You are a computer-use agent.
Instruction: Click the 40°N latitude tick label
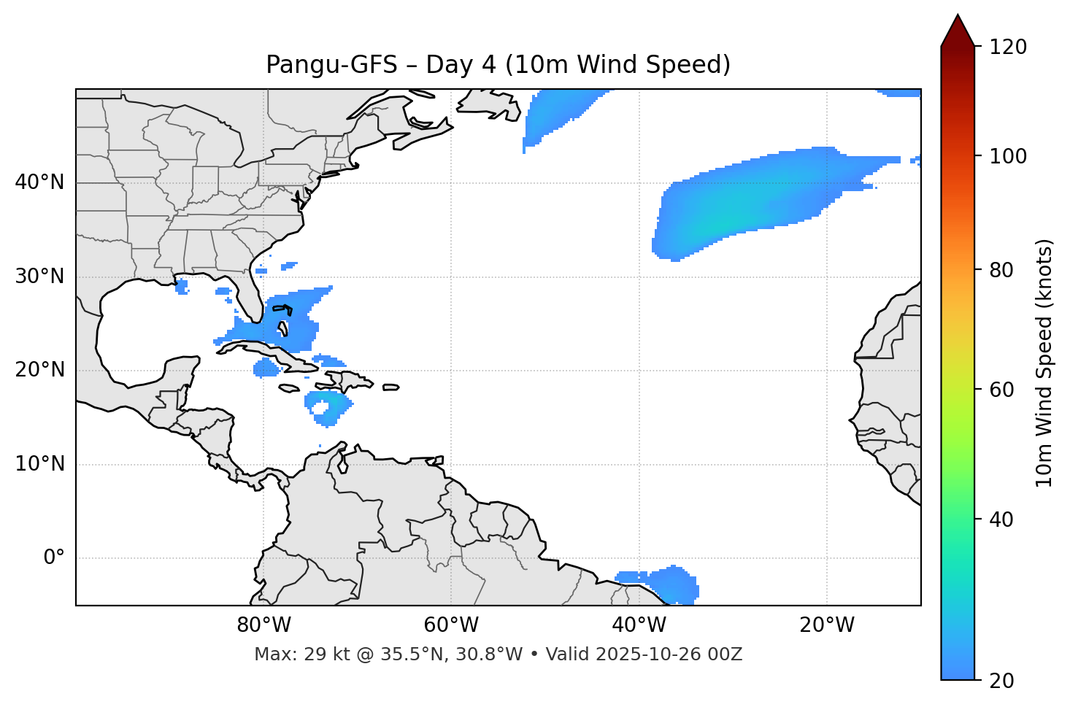pos(39,182)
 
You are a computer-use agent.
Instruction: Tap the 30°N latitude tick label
pos(39,277)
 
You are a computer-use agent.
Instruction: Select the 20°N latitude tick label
pos(39,370)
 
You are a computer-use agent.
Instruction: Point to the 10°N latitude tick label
pos(39,464)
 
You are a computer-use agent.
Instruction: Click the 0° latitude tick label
pos(54,558)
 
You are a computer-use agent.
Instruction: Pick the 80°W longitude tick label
pos(263,625)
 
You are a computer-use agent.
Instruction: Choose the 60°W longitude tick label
pos(451,625)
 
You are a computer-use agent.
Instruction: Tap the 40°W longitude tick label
pos(639,625)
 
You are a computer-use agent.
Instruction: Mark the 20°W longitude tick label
pos(826,625)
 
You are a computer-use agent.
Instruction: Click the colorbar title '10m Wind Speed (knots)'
pos(1044,363)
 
